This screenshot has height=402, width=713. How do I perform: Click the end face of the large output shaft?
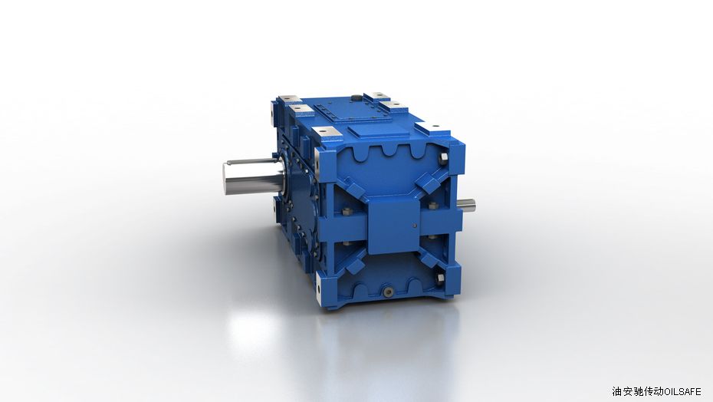coord(227,179)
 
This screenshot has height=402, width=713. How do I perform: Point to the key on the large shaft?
coord(250,160)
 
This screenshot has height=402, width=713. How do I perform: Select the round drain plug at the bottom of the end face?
coord(388,292)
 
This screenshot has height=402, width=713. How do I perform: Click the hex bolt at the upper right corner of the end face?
coord(444,159)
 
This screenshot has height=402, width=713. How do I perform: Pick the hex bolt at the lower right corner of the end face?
coord(440,279)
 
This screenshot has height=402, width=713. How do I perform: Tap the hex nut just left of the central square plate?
coord(347,212)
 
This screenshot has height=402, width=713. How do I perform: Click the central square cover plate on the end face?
coord(393,225)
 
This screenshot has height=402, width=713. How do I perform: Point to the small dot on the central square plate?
coord(414,225)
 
